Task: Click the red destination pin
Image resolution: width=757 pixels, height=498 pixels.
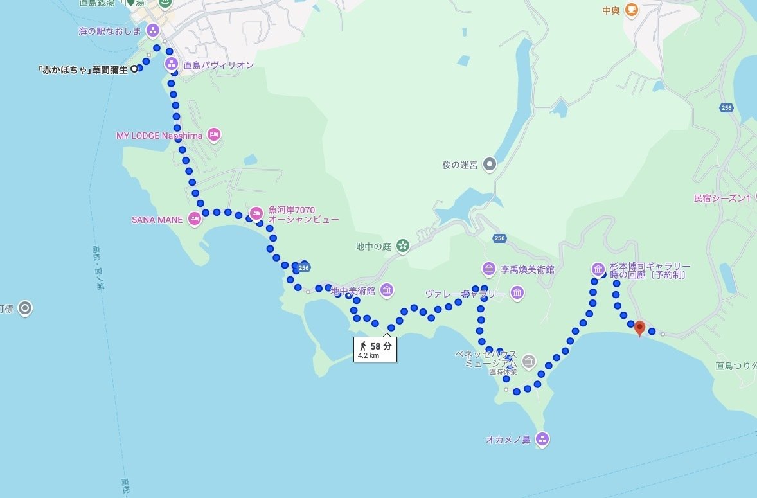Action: pyautogui.click(x=639, y=328)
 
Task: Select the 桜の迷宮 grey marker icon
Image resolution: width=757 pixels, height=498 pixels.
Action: pyautogui.click(x=490, y=165)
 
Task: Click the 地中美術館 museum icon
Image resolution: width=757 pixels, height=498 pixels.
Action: pyautogui.click(x=387, y=290)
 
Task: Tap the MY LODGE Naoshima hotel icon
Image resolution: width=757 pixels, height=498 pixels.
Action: pyautogui.click(x=214, y=135)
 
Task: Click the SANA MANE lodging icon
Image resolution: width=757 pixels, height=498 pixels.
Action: pyautogui.click(x=195, y=219)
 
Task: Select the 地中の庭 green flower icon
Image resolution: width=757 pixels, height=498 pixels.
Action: pyautogui.click(x=402, y=245)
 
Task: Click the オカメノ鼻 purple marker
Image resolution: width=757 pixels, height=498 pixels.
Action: pyautogui.click(x=542, y=440)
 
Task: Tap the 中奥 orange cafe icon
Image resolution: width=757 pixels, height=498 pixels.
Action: pyautogui.click(x=630, y=10)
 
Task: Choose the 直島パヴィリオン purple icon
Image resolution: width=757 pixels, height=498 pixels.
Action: pyautogui.click(x=172, y=64)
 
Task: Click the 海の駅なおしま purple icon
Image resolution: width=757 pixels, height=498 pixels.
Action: pyautogui.click(x=153, y=30)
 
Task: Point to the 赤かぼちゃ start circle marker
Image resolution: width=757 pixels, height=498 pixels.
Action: pyautogui.click(x=134, y=69)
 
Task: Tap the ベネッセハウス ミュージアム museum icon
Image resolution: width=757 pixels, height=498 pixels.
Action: pyautogui.click(x=529, y=362)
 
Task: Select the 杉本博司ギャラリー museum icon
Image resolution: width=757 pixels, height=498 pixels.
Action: pyautogui.click(x=598, y=269)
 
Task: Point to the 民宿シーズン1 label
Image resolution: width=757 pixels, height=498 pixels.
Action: pyautogui.click(x=722, y=199)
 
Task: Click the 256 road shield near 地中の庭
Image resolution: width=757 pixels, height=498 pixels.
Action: pyautogui.click(x=499, y=238)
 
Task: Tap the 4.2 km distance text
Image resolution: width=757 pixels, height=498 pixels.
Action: pyautogui.click(x=368, y=355)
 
